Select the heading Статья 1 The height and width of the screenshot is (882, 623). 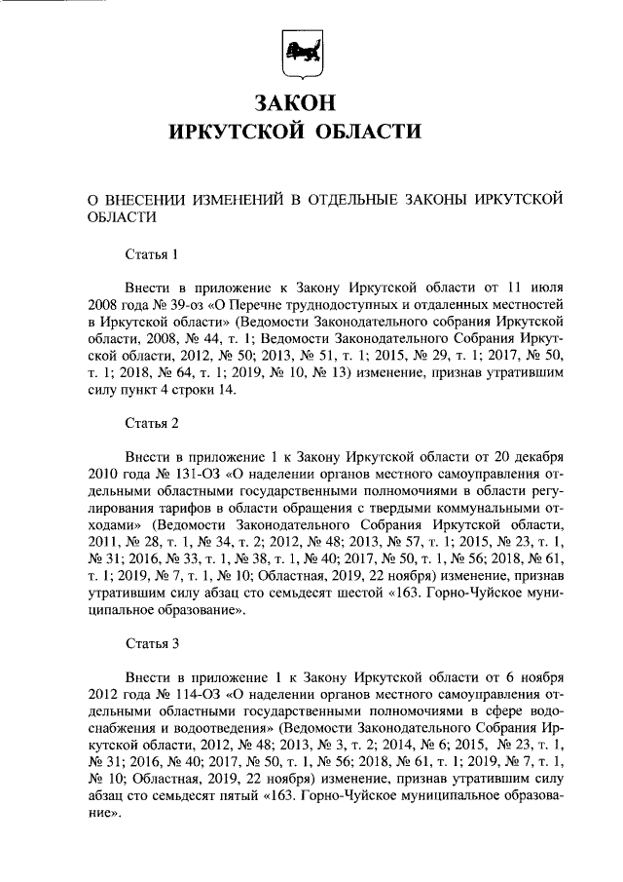152,256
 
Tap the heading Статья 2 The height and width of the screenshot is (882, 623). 152,424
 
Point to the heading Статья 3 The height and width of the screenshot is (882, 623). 152,644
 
